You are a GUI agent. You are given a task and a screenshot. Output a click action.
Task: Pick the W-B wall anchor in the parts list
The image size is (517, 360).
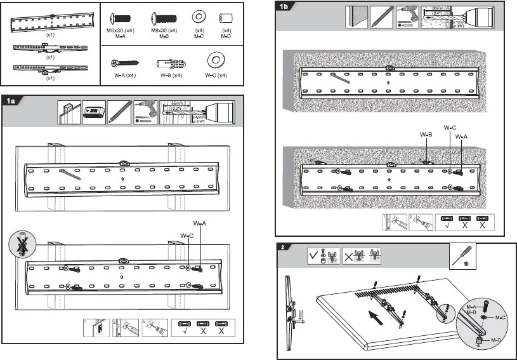[x=169, y=63]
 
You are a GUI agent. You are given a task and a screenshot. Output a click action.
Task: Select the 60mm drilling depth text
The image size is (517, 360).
[x=437, y=8]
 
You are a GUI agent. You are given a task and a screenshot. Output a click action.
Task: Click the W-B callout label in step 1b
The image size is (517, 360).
[x=426, y=135]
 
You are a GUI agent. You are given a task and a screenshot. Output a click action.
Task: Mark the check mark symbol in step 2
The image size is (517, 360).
[x=313, y=255]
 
